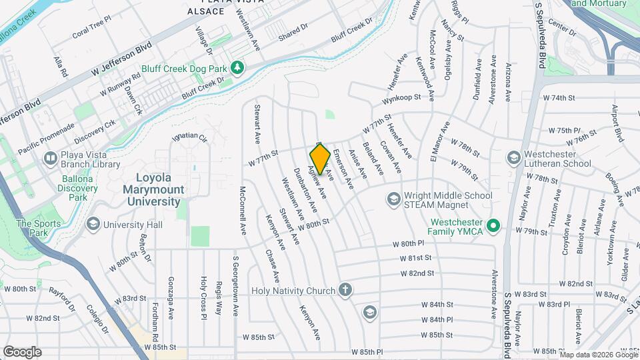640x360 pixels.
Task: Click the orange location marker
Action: pos(320,159)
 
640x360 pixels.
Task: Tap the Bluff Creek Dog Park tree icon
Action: pos(236,68)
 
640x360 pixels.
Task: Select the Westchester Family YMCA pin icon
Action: pos(493,227)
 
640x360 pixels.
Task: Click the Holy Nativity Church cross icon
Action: pos(345,290)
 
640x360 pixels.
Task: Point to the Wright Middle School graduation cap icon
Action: pos(394,199)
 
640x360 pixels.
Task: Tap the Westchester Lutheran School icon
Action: pos(513,158)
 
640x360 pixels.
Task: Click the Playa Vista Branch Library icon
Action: pos(50,159)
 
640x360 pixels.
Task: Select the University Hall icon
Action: pos(92,225)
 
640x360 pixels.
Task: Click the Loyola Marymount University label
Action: pos(163,184)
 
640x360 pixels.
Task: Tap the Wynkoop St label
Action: pos(402,99)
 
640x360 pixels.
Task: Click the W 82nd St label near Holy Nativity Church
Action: pos(417,273)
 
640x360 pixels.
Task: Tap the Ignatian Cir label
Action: pos(190,137)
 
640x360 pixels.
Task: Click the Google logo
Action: pos(23,351)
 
